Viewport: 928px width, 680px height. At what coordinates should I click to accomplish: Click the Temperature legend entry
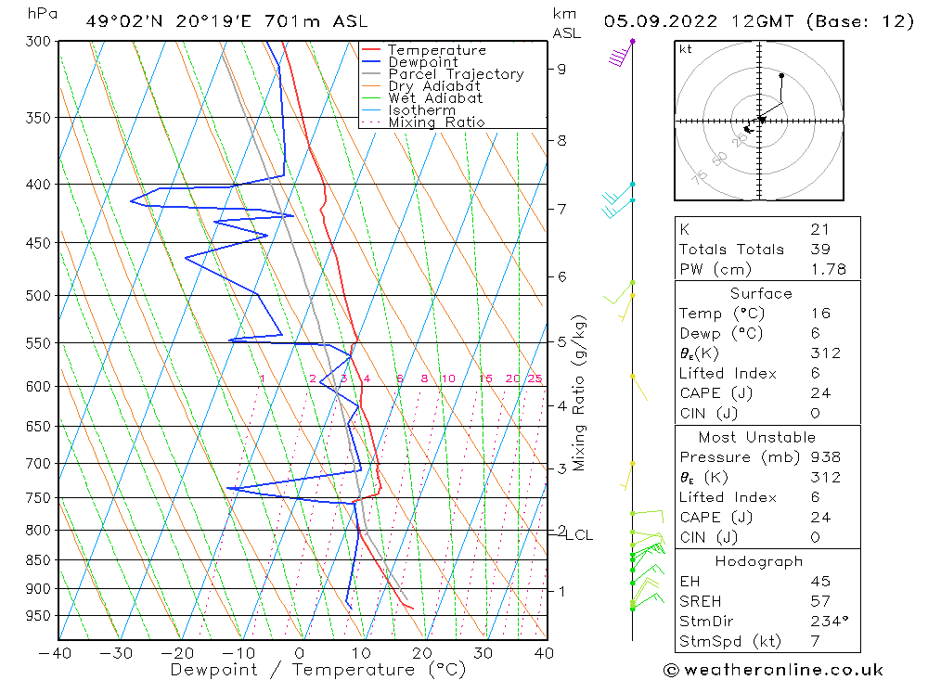point(436,50)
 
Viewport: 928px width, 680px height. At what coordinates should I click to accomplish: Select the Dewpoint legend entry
point(422,62)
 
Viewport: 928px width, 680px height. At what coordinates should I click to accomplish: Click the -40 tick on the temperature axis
point(58,652)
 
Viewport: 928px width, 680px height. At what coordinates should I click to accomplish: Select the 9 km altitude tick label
point(561,69)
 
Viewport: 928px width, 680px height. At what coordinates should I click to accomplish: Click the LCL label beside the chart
point(579,535)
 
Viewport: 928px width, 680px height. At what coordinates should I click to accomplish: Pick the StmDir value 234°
point(825,622)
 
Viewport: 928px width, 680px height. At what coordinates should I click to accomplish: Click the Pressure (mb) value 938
point(825,456)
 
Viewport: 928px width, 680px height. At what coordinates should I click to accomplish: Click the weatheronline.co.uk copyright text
point(773,670)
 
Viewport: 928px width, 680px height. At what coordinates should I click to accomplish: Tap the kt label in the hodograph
point(685,49)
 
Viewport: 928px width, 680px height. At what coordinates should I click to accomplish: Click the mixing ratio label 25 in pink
point(535,378)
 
